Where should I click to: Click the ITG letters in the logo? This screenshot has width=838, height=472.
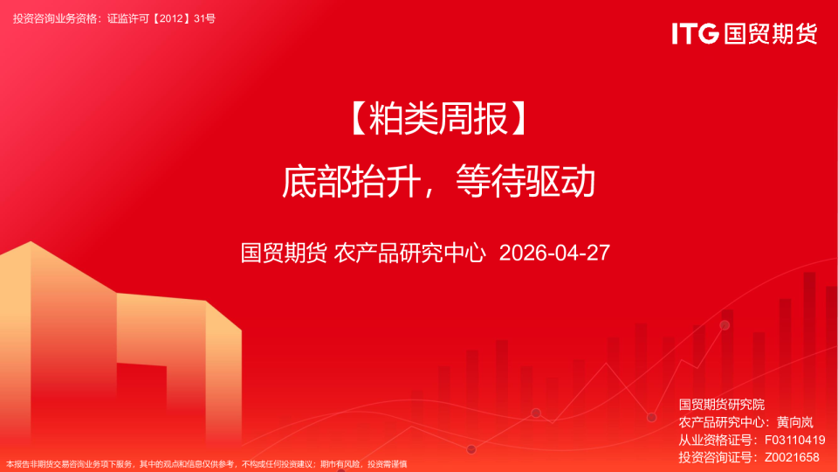point(695,33)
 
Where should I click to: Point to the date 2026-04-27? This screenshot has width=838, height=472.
point(553,253)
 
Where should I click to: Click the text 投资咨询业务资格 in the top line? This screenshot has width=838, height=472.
point(57,17)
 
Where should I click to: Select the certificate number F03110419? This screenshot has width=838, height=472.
point(794,440)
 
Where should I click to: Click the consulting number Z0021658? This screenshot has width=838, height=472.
point(792,457)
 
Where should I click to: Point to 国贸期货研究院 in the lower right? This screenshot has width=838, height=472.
point(721,405)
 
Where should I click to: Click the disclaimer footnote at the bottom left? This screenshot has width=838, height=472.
point(207,464)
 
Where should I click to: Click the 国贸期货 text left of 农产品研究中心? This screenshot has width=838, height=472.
point(284,253)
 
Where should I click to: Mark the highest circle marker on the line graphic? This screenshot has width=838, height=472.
point(725,325)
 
